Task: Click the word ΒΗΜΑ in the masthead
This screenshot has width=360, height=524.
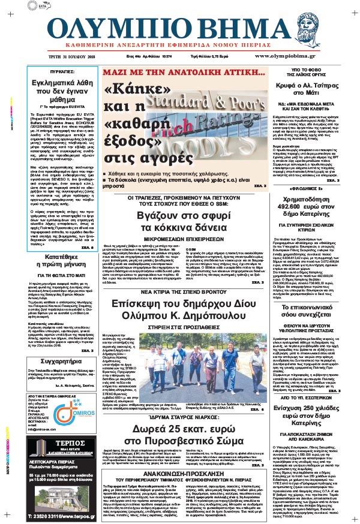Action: pyautogui.click(x=226, y=29)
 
